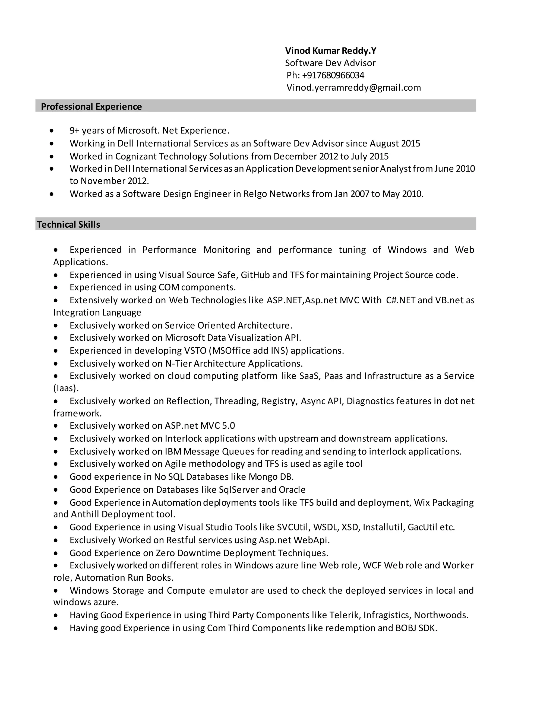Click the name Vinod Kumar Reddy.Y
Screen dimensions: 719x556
pyautogui.click(x=330, y=51)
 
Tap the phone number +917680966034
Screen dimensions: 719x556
pyautogui.click(x=333, y=75)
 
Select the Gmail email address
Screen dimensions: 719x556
pyautogui.click(x=353, y=88)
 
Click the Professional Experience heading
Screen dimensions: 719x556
pyautogui.click(x=91, y=107)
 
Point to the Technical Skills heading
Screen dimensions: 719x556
pyautogui.click(x=68, y=225)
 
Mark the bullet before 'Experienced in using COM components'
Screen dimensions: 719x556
pyautogui.click(x=56, y=287)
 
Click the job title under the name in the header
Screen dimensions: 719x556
pyautogui.click(x=330, y=63)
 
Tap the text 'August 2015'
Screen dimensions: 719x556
pyautogui.click(x=394, y=144)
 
